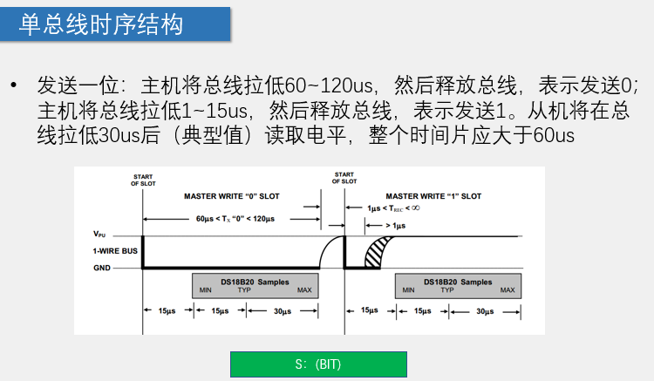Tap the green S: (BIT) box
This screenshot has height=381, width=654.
318,364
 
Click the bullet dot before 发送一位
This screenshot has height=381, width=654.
14,87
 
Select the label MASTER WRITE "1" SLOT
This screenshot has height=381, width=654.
433,196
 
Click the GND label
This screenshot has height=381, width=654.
101,268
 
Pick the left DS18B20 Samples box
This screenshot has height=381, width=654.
255,286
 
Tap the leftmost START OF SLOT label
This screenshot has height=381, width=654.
142,180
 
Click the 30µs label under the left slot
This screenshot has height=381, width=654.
282,311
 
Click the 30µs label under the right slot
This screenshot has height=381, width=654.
485,311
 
